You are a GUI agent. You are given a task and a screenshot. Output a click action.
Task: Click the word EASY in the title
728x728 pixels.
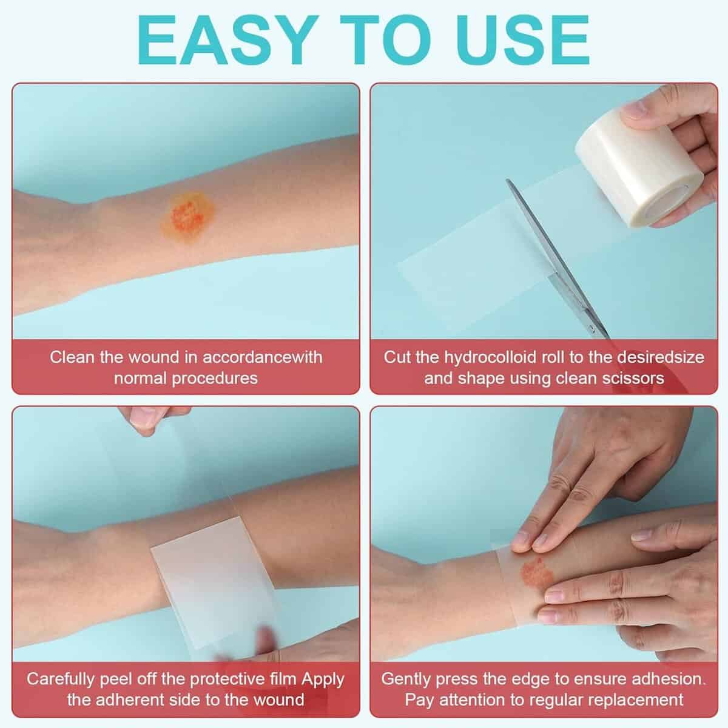click(228, 41)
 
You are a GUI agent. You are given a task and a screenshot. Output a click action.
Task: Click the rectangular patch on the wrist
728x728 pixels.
click(214, 581)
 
